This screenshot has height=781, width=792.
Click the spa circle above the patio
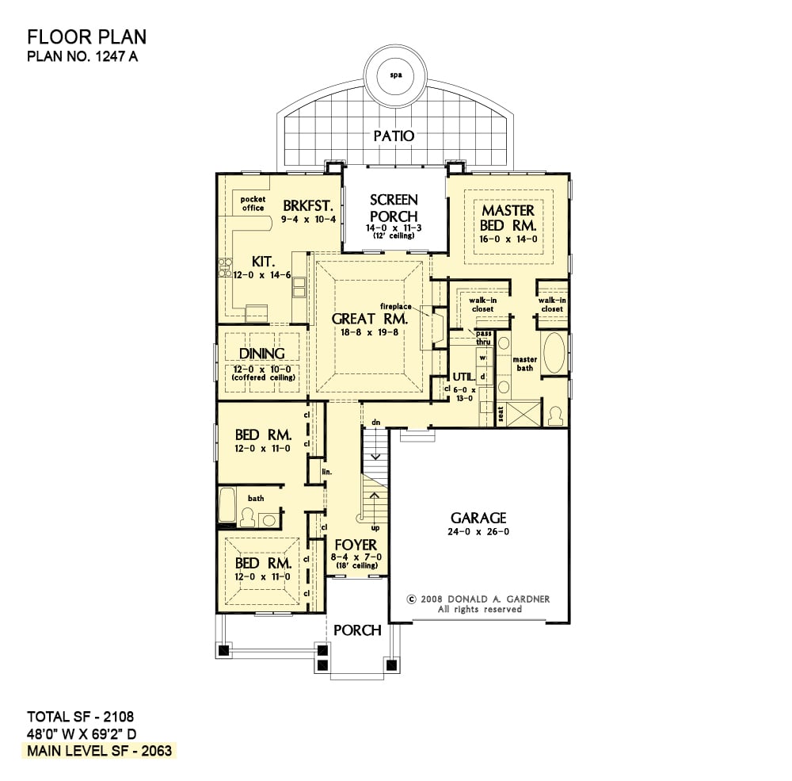[x=396, y=76]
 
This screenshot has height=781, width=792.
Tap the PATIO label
[x=394, y=136]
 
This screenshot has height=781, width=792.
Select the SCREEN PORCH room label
[x=394, y=208]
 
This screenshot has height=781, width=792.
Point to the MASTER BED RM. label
[x=508, y=217]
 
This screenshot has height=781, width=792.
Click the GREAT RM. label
[x=370, y=319]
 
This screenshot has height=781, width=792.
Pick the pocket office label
[x=253, y=203]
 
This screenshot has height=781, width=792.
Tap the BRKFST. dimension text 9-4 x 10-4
[x=309, y=220]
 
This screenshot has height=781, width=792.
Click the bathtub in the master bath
[x=554, y=353]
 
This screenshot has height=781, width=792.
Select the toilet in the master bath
[x=555, y=416]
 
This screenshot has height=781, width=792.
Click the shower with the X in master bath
[x=524, y=414]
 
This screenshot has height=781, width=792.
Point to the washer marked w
[x=483, y=358]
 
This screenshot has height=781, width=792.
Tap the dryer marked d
[x=483, y=377]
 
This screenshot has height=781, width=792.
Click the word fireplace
[x=395, y=306]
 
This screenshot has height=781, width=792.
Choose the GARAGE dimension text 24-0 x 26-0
[x=478, y=531]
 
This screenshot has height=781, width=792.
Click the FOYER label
[x=356, y=545]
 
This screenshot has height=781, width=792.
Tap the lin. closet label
[x=327, y=472]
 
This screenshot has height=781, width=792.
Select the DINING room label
[x=261, y=353]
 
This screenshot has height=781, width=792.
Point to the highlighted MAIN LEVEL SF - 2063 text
[x=100, y=750]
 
